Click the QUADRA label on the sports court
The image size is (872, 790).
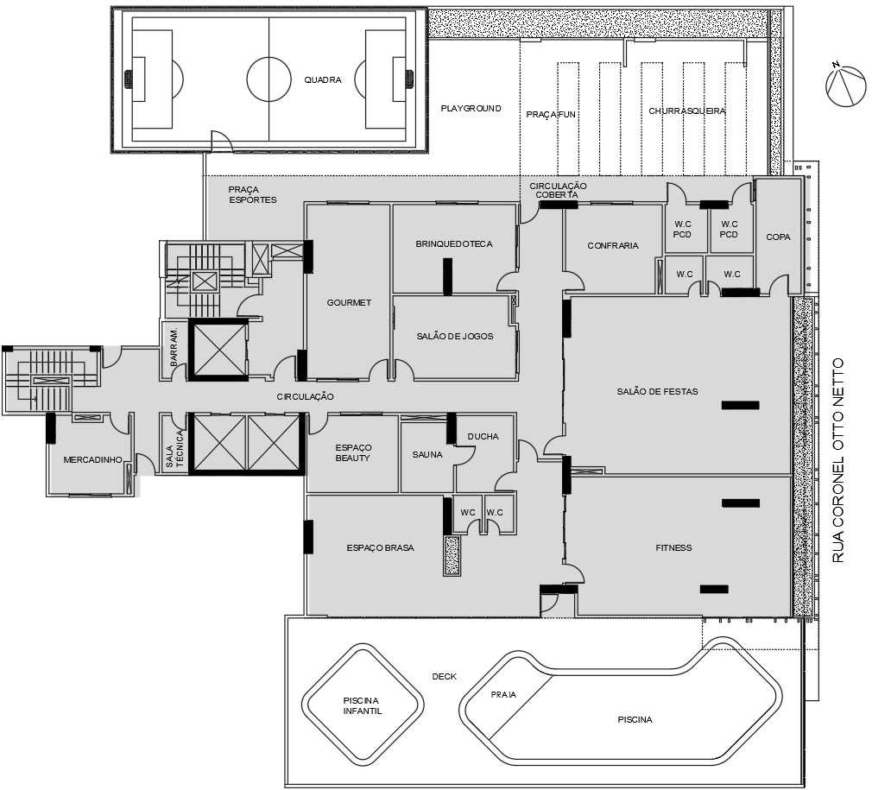[323, 80]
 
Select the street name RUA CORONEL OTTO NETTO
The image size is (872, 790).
[838, 460]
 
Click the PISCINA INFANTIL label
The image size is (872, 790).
[362, 705]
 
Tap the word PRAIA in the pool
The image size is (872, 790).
[503, 694]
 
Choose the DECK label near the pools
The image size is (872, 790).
[444, 677]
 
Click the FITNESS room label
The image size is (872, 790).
[673, 547]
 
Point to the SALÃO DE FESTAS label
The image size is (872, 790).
[657, 391]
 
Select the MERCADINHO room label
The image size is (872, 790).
[92, 460]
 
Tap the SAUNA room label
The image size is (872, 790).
[427, 454]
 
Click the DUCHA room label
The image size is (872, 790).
[483, 436]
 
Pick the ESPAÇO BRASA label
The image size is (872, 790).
[381, 547]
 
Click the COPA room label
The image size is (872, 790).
[778, 237]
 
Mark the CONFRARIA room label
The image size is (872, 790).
[613, 245]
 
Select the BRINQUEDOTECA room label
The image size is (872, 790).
[454, 243]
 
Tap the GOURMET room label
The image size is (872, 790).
[349, 302]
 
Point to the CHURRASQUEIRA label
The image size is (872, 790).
[687, 111]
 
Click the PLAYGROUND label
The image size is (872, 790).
[471, 108]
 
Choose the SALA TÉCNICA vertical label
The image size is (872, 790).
[174, 448]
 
